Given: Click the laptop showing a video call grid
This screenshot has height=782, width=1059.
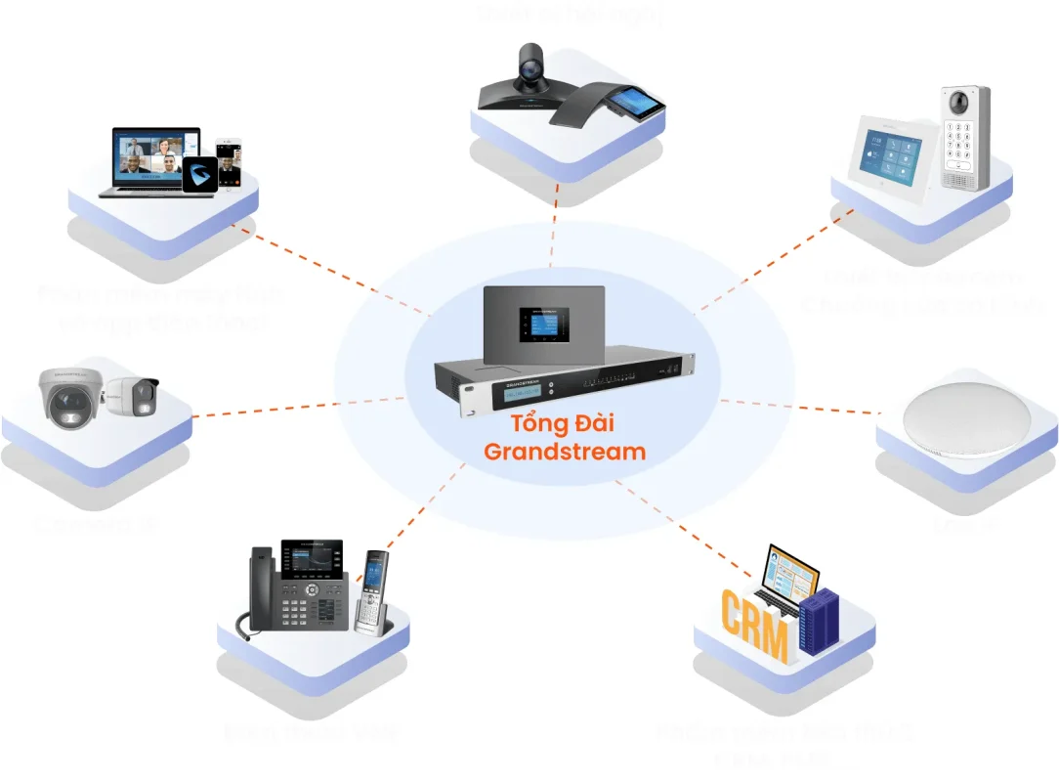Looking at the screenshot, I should point(155,158).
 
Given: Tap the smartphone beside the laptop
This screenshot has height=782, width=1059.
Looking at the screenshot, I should point(229,162).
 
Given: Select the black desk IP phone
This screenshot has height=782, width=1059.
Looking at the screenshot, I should point(296,590).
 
